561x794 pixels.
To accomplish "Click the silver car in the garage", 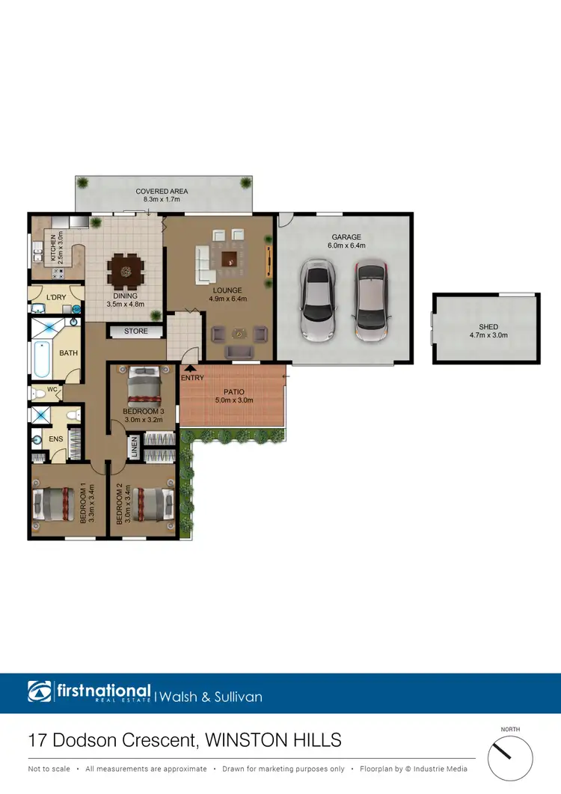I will click(317, 300).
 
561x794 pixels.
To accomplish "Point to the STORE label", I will click(136, 331).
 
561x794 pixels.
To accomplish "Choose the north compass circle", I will click(510, 759).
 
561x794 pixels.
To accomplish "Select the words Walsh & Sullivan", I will click(211, 697).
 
